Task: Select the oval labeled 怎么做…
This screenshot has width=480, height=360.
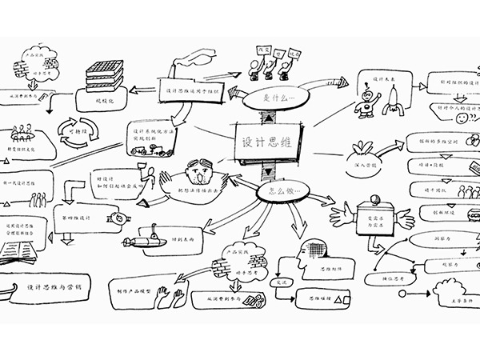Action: (277, 193)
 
